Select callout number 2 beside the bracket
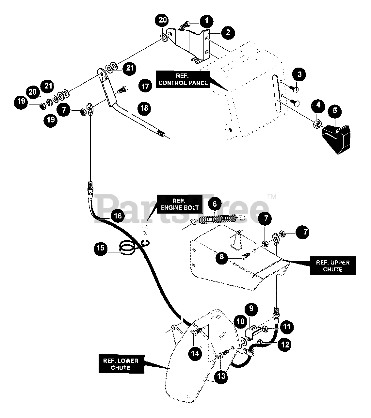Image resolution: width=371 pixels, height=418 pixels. click(227, 32)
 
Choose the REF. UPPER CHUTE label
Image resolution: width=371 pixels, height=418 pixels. click(333, 266)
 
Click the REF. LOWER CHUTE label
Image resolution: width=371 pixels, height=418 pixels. click(121, 364)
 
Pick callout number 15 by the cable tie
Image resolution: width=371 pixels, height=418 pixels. click(101, 248)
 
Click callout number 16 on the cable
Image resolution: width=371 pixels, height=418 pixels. click(118, 216)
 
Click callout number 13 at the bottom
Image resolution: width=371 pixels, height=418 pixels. click(221, 376)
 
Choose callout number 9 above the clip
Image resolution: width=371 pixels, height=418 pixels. click(251, 309)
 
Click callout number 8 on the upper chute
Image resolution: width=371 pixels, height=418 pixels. click(222, 257)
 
